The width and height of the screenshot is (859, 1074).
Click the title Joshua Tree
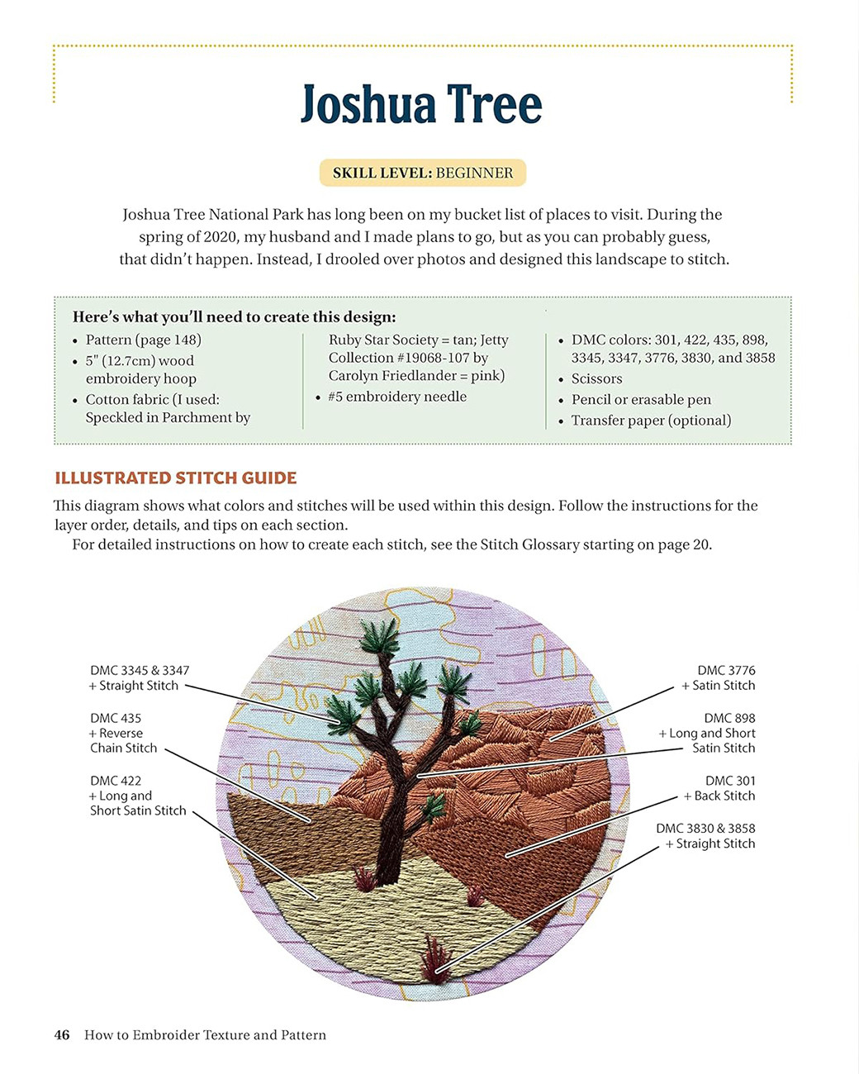[x=421, y=106]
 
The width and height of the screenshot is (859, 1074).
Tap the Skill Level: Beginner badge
[x=422, y=173]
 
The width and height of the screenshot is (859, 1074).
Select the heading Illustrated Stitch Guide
[x=175, y=478]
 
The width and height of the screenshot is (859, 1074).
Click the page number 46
[x=62, y=1035]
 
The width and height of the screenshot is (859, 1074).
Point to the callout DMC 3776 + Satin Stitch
[x=717, y=678]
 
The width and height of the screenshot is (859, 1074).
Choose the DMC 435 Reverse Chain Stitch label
[x=123, y=734]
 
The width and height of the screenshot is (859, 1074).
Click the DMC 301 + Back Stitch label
[x=719, y=788]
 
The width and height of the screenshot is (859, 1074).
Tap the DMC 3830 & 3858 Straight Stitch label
[x=705, y=836]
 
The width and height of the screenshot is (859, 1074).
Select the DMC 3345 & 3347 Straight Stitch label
[x=140, y=678]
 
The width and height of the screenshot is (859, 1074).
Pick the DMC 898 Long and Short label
[x=707, y=734]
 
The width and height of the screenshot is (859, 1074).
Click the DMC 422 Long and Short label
[x=138, y=796]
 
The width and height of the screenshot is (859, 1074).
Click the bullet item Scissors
[x=596, y=378]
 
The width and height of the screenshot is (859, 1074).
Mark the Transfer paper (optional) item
[x=651, y=420]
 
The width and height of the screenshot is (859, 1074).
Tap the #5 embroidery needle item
[x=397, y=397]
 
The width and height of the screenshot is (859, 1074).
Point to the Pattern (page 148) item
[x=143, y=340]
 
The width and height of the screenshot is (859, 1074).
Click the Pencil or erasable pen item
[x=641, y=399]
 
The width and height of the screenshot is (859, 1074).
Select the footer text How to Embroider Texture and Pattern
[x=205, y=1035]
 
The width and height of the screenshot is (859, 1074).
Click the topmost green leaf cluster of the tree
[x=381, y=636]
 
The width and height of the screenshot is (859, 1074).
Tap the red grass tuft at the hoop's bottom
[x=434, y=958]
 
